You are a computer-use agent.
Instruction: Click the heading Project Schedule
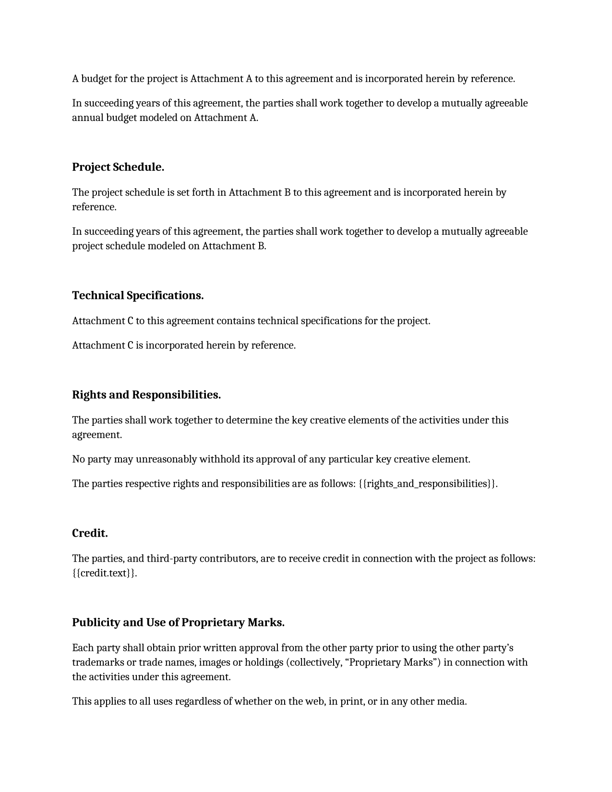[x=118, y=167]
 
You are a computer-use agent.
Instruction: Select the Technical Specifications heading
[x=138, y=295]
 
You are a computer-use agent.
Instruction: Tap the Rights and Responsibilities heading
[x=146, y=395]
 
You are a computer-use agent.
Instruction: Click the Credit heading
[x=90, y=533]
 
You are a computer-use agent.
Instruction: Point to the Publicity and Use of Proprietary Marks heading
[x=178, y=622]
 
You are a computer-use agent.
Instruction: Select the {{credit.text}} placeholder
[x=104, y=573]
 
